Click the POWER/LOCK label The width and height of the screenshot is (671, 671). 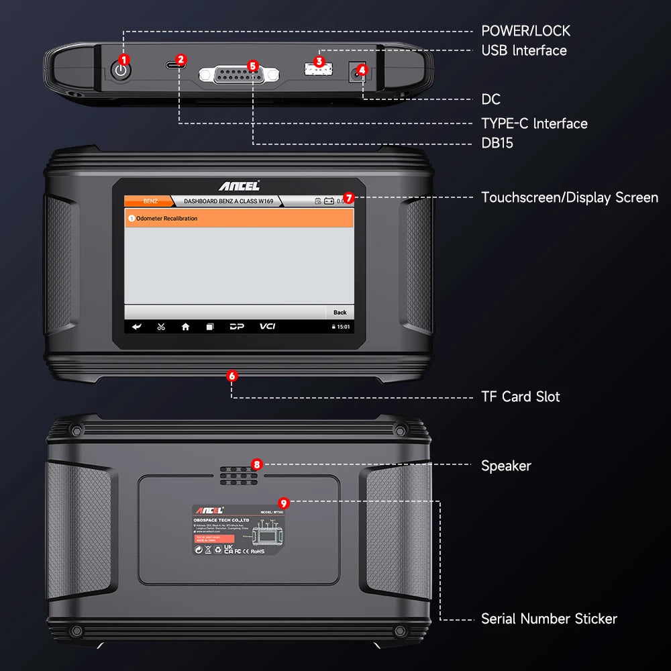coord(525,31)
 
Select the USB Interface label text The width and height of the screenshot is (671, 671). coord(523,50)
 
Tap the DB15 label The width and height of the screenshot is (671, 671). coord(497,143)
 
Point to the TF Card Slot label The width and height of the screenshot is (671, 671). coord(520,397)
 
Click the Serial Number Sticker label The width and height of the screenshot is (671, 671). coord(548,619)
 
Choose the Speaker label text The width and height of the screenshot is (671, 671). coord(506,466)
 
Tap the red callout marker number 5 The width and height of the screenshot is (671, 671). coord(252,66)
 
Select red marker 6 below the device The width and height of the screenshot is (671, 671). coord(232,376)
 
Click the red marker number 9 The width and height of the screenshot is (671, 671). coord(283,502)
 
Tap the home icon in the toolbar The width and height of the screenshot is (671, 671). coord(185,327)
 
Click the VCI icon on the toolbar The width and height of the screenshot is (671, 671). coord(268,327)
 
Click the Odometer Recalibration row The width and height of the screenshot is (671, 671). coord(239,218)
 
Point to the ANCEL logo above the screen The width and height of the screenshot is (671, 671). coord(239,186)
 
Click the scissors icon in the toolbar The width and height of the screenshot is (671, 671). coord(161,327)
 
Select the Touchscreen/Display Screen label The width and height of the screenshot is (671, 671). coord(569,198)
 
